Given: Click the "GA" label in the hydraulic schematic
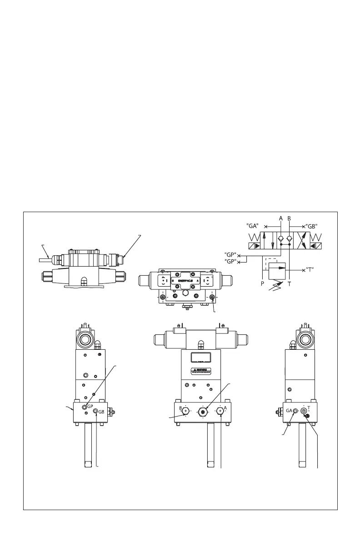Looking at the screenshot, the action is tap(253, 225).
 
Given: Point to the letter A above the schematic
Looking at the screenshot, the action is tap(281, 218).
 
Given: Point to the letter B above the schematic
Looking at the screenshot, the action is tap(289, 218).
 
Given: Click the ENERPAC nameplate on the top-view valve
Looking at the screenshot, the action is tap(187, 281).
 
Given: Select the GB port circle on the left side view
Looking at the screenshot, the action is tap(95, 411).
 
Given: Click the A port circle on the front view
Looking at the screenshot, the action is tap(220, 411).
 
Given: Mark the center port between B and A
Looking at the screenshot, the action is tap(202, 411).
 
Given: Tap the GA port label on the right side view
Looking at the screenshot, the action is tap(289, 410).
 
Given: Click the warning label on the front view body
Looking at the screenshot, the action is tap(201, 370).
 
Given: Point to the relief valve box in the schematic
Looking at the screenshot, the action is tap(278, 269).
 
